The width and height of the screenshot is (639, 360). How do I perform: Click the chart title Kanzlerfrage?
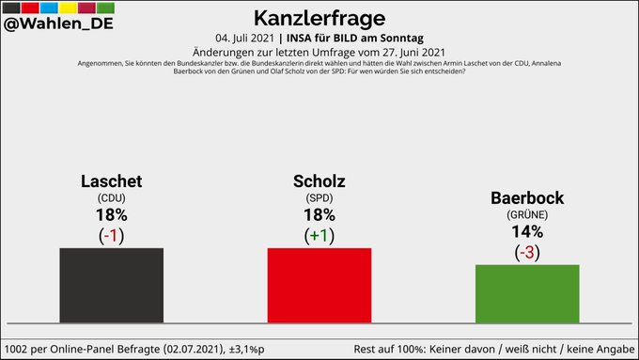pos(319,17)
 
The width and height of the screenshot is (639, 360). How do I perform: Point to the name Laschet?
pos(111,180)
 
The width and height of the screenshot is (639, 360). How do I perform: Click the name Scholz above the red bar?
pos(319,180)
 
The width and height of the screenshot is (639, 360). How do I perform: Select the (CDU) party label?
pos(111,198)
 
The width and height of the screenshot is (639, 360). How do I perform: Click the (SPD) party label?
pos(319,198)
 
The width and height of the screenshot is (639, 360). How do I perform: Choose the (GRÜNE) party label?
pos(527,215)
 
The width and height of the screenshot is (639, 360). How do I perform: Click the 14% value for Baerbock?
pos(527,232)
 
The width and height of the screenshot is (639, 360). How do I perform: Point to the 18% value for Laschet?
pos(111,215)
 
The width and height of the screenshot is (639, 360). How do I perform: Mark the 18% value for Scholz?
pos(319,215)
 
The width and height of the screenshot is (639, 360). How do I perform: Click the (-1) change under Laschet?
pos(111,235)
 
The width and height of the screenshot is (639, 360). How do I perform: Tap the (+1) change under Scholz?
pos(319,235)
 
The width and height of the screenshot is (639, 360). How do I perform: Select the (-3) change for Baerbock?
pos(527,252)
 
